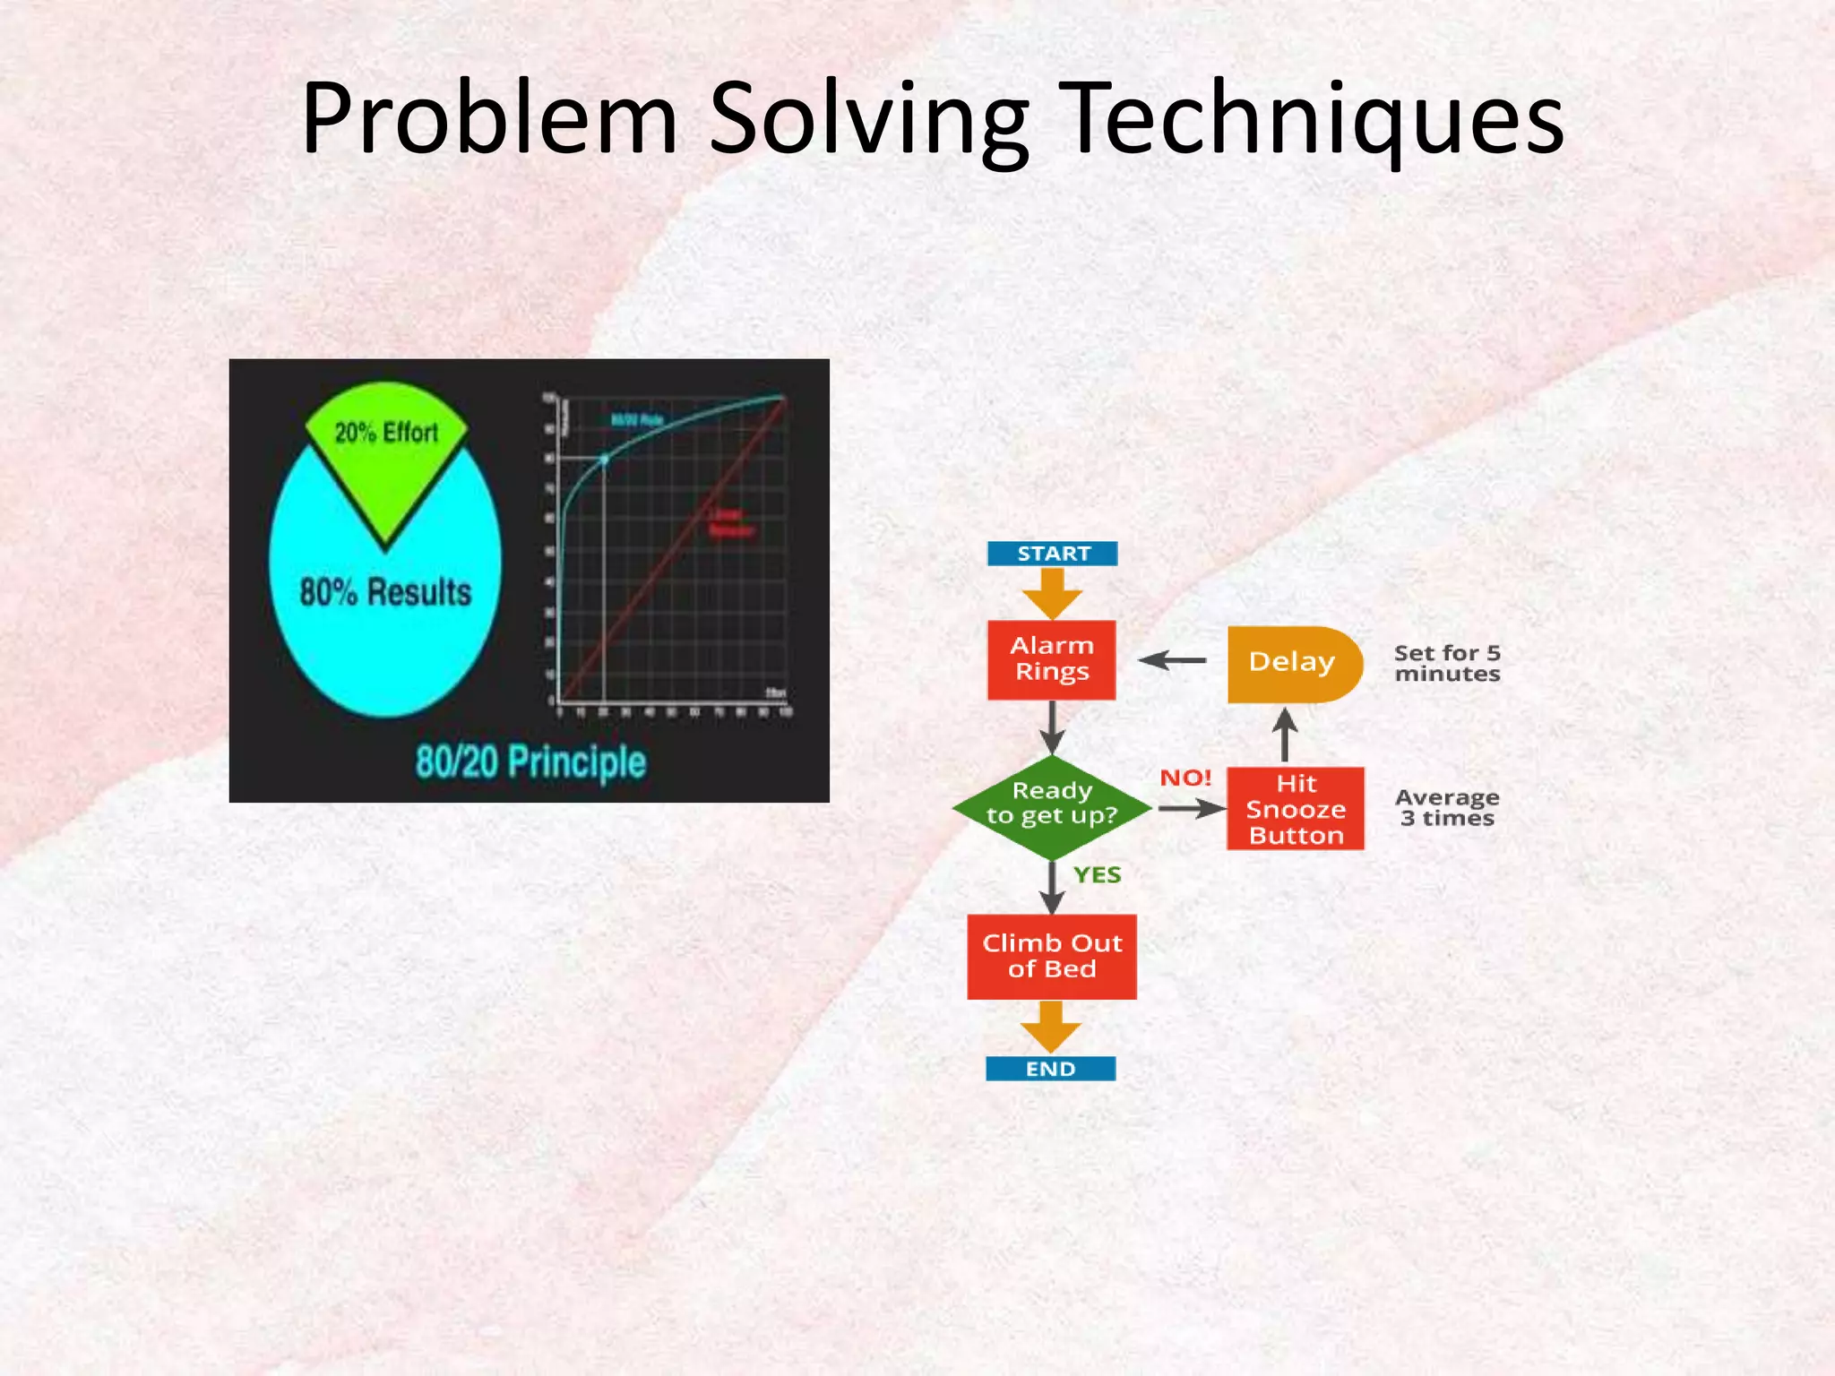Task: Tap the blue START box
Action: click(x=1052, y=554)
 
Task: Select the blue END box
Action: click(x=1050, y=1069)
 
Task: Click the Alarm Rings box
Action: click(x=1051, y=659)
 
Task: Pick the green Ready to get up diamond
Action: click(x=1051, y=806)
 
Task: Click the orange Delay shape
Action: click(x=1292, y=663)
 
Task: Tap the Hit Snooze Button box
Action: click(x=1295, y=809)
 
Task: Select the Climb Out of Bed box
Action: click(x=1051, y=956)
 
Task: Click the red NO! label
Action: click(x=1185, y=778)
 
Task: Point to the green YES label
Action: click(x=1097, y=874)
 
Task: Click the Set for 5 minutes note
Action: click(x=1446, y=663)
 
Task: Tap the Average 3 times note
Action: click(x=1446, y=807)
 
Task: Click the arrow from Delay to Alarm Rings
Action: click(x=1173, y=661)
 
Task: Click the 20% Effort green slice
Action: click(x=386, y=448)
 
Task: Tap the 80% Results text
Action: click(x=385, y=593)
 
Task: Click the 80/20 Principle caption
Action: click(x=530, y=762)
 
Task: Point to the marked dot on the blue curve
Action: click(x=604, y=459)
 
